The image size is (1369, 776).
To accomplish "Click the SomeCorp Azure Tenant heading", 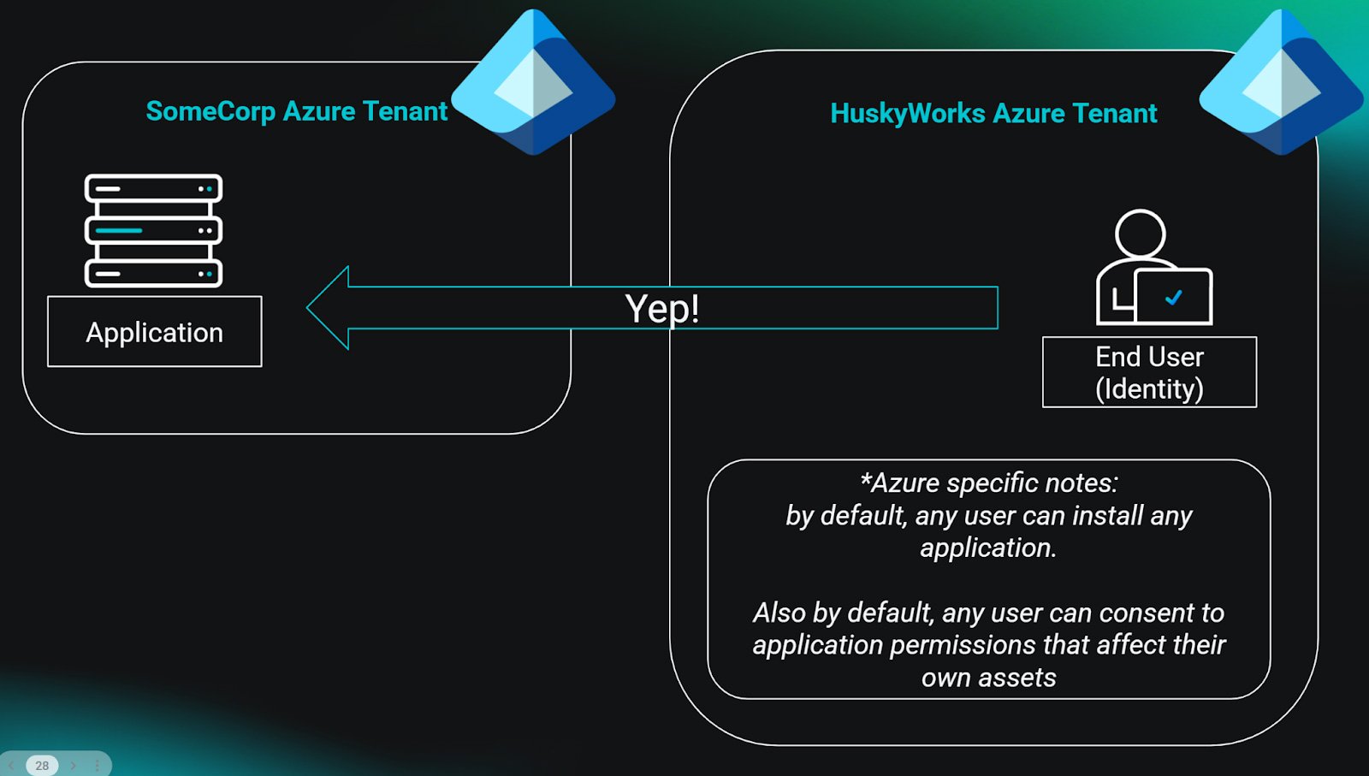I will tap(296, 111).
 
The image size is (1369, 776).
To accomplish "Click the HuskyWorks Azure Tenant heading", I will tap(993, 113).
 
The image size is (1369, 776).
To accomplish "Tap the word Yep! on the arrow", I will tap(662, 308).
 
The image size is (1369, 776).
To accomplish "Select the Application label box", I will tap(155, 332).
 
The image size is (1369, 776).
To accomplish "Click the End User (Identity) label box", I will tap(1149, 372).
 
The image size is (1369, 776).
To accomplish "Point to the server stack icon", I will tap(153, 230).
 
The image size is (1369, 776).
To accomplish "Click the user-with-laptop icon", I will tap(1153, 268).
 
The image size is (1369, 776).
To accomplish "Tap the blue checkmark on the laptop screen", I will tap(1174, 297).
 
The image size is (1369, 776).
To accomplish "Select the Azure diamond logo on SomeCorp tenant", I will tap(533, 83).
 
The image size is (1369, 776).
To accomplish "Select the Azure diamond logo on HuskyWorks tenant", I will tap(1281, 83).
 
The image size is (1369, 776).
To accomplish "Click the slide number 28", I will tap(42, 765).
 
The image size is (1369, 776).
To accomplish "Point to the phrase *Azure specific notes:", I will tap(988, 483).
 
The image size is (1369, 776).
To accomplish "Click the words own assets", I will tap(988, 678).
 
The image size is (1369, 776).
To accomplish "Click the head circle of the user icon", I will tap(1140, 233).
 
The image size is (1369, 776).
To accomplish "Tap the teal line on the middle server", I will tap(118, 230).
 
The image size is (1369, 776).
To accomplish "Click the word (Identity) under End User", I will tap(1149, 389).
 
